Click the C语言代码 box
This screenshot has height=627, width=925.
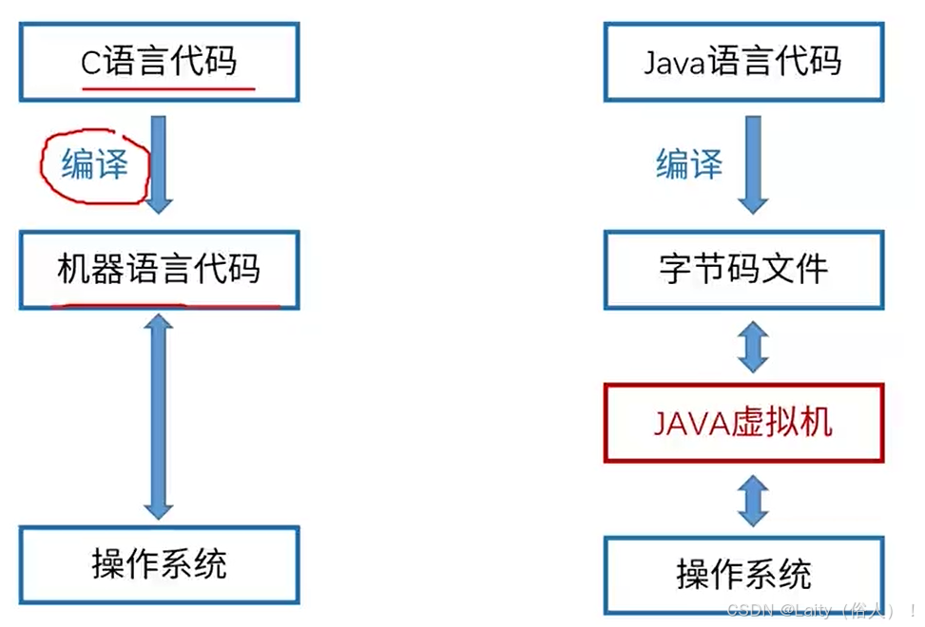click(x=159, y=63)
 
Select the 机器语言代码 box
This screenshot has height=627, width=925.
click(x=159, y=270)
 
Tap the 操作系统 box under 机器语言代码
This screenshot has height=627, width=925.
click(x=159, y=564)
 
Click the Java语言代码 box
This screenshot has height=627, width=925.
click(x=742, y=63)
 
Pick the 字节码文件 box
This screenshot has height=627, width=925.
click(x=742, y=270)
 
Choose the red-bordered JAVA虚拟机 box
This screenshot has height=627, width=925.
click(x=742, y=423)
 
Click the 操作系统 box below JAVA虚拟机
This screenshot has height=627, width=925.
click(x=742, y=574)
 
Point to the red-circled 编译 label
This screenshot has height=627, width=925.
click(x=94, y=165)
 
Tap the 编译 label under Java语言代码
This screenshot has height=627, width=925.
click(x=689, y=164)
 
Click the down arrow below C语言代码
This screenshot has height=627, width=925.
click(x=159, y=162)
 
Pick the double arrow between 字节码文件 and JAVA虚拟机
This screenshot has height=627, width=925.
click(x=754, y=347)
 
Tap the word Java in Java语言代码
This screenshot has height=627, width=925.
click(x=674, y=63)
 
